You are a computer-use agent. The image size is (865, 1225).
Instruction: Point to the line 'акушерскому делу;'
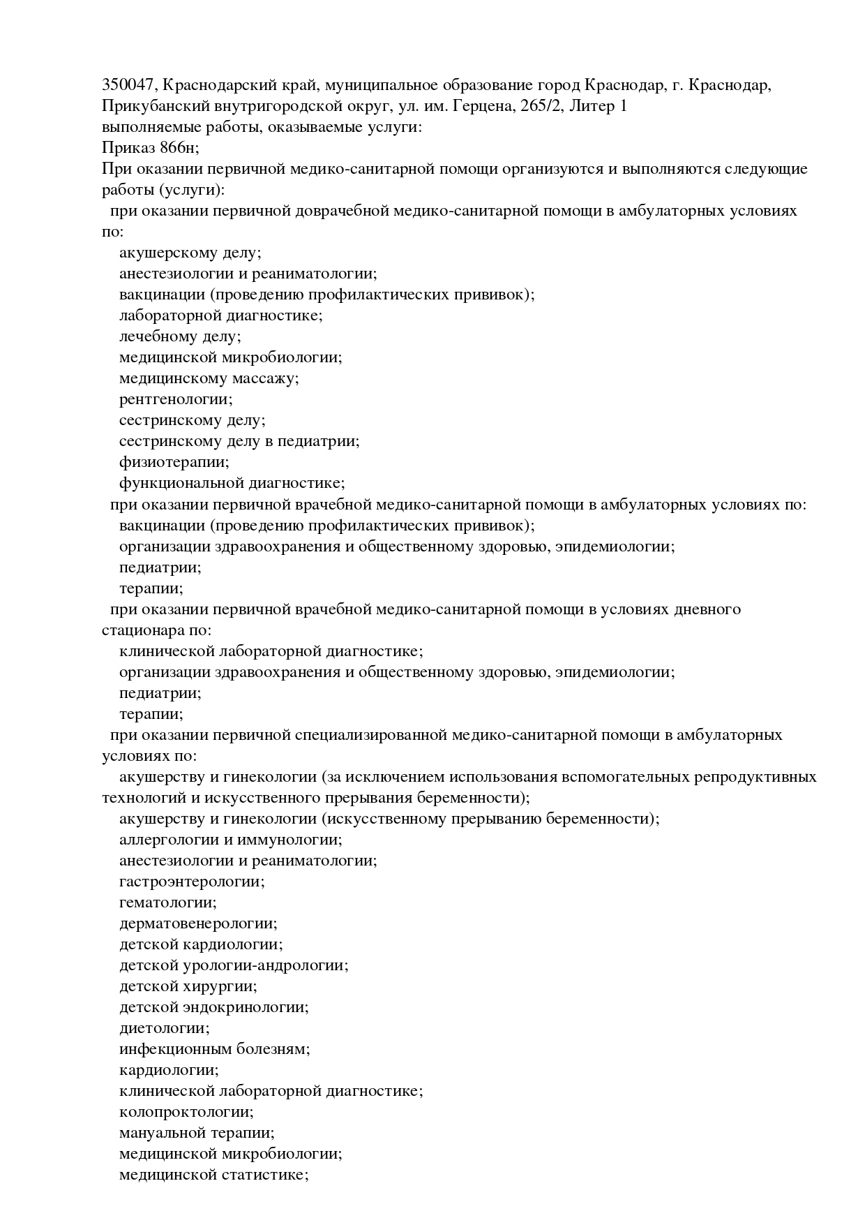190,253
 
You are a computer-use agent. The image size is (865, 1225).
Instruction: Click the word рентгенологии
175,399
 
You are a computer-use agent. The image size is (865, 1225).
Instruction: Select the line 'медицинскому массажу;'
209,378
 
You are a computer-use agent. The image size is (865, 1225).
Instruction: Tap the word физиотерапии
174,462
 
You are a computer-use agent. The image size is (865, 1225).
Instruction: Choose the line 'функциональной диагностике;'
232,483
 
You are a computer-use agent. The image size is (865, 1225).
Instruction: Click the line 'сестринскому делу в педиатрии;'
239,441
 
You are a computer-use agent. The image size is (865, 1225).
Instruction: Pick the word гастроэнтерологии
192,882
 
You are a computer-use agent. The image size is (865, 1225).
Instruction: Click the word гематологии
167,903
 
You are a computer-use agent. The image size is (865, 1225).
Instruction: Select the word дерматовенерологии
198,923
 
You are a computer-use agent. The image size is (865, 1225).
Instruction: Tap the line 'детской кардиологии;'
201,944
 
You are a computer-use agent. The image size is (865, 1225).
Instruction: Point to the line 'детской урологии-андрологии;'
234,965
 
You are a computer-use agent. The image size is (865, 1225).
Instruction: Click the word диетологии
164,1028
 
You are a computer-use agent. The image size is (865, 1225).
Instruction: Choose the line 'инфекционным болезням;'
214,1049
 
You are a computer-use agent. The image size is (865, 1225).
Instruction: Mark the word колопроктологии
186,1112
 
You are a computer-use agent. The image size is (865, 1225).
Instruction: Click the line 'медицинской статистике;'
213,1175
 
